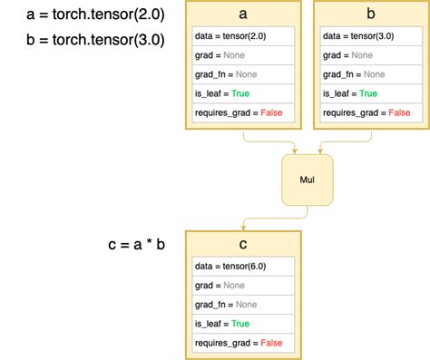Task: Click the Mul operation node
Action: pos(307,180)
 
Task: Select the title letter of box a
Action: pos(243,14)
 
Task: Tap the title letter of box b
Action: pos(370,14)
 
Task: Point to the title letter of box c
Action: pos(243,244)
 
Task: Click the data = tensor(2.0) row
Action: pos(243,36)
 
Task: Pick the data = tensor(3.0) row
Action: pos(370,36)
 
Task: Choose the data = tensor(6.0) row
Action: pos(243,267)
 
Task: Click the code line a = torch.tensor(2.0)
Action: pos(83,14)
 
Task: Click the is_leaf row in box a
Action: pos(243,93)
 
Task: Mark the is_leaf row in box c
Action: pos(243,324)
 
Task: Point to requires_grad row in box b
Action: pos(370,112)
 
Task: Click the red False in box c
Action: pos(272,343)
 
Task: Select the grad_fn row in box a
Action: pos(243,74)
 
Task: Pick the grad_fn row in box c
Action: pos(243,305)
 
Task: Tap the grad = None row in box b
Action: pos(370,55)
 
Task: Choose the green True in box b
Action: pos(367,93)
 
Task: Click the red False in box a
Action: pos(272,112)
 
